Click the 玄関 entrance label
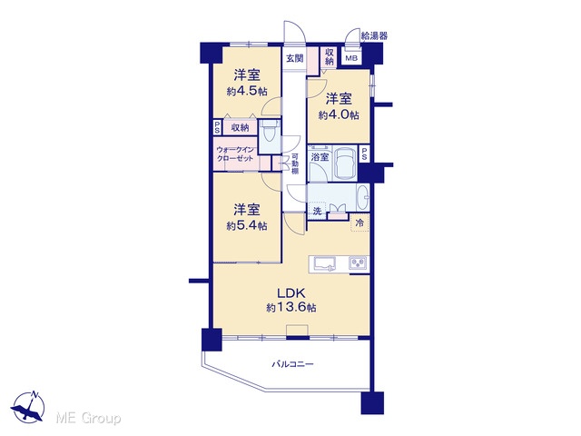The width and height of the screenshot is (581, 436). coord(295,58)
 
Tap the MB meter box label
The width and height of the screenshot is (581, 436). coord(351,58)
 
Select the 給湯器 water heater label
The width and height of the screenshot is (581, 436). coord(374,35)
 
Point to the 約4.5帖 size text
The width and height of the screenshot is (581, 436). coord(247,91)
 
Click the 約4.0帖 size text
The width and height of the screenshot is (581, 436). coord(339,115)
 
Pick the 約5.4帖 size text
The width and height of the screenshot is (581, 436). coord(247,225)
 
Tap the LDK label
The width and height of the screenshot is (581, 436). coord(291,293)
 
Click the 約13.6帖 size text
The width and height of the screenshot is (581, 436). coord(291,307)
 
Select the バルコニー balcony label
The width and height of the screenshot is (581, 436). coord(292,364)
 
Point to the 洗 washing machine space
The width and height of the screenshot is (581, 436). coord(317,211)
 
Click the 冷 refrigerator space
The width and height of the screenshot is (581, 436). coord(359,223)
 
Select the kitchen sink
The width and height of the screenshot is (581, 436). coord(325,263)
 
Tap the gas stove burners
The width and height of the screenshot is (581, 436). coord(358,263)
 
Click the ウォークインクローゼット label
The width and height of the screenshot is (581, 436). coord(235,154)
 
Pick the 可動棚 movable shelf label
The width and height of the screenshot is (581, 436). coord(295,163)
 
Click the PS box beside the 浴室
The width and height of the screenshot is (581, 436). coord(364,154)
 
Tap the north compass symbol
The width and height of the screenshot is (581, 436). coord(28,406)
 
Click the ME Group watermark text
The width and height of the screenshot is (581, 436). coord(88,418)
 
